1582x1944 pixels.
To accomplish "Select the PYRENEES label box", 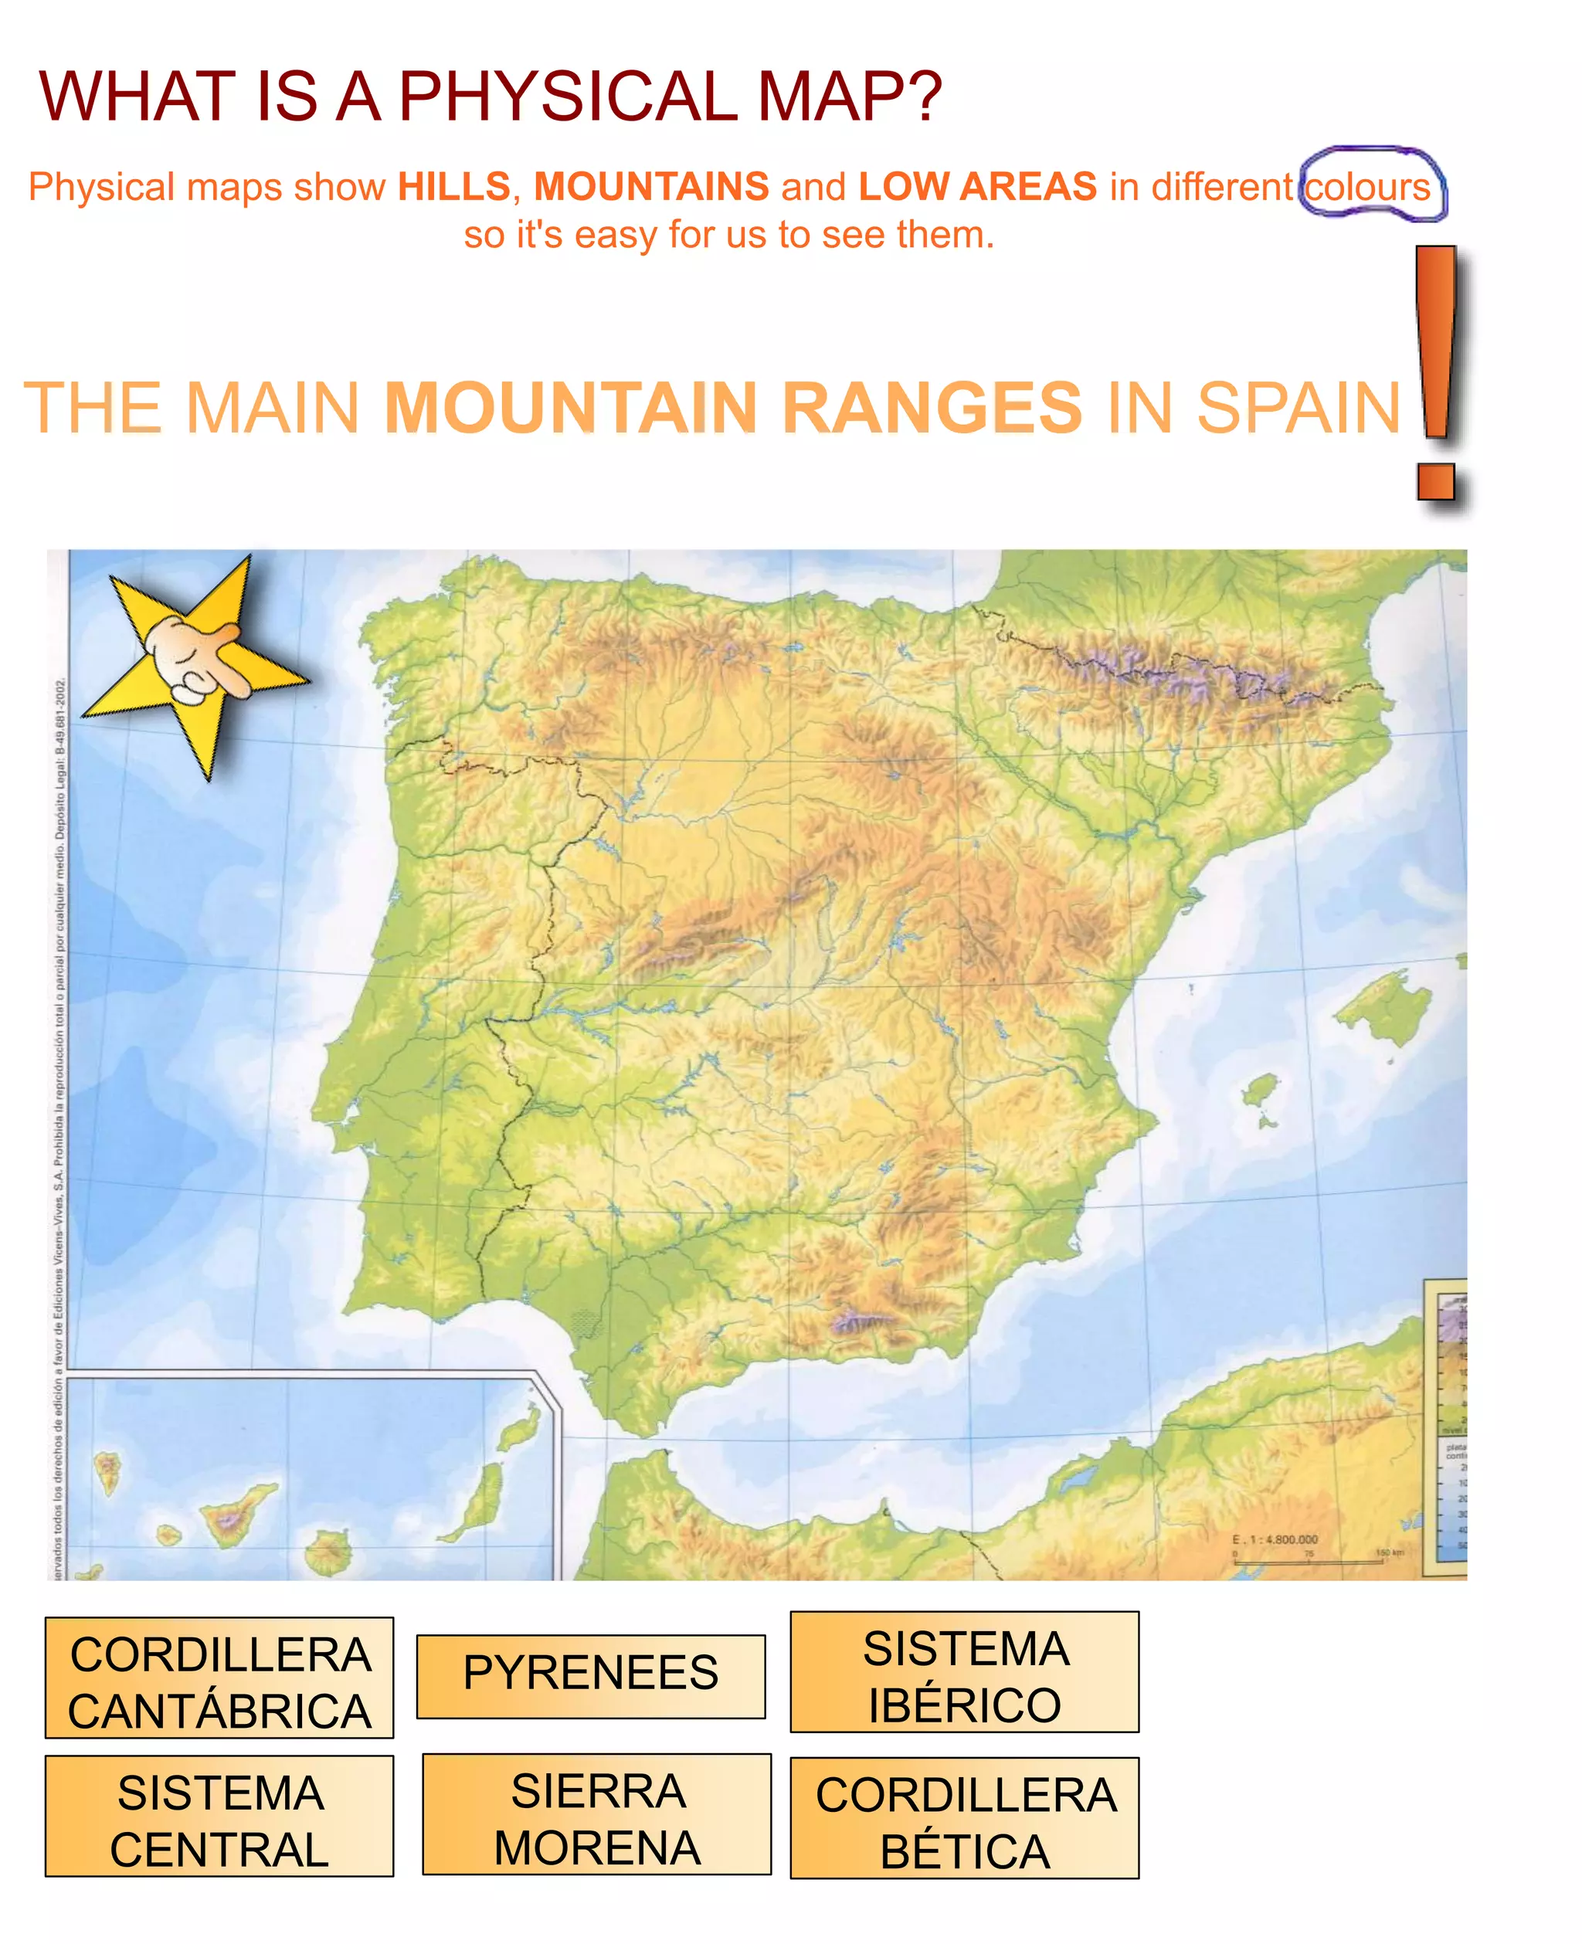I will point(590,1676).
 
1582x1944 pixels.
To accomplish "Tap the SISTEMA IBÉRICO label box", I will point(964,1671).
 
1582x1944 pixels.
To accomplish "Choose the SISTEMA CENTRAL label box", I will point(219,1816).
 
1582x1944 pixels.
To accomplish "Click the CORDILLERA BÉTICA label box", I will point(964,1817).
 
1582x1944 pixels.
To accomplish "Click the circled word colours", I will point(1368,188).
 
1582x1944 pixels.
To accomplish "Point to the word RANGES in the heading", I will point(932,407).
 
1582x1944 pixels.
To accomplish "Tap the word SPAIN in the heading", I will point(1298,407).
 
